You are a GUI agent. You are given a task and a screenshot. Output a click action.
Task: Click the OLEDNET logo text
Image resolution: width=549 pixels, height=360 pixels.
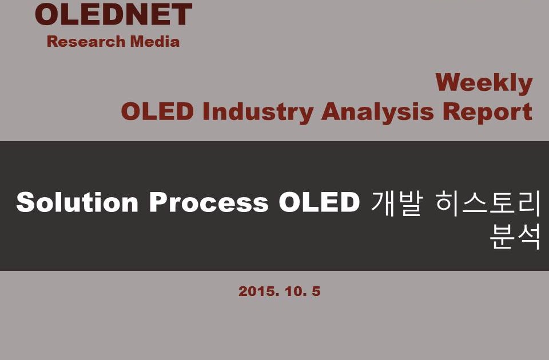tap(113, 14)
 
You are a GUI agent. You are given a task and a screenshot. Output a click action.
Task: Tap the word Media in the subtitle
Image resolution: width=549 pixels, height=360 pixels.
tap(155, 41)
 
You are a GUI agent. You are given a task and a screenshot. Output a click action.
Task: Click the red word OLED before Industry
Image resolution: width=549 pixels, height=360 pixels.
tap(158, 111)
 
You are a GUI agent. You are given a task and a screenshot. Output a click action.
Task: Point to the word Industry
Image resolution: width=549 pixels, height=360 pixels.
tap(258, 113)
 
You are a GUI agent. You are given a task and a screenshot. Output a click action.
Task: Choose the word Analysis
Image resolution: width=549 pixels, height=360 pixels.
tap(378, 113)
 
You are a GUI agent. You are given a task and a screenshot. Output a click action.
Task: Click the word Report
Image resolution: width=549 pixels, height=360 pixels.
tap(487, 113)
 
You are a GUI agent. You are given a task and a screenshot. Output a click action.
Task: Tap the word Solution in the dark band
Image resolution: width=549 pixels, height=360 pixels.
tap(77, 202)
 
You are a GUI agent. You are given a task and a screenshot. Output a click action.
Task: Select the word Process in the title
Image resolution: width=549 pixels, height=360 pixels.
tap(209, 202)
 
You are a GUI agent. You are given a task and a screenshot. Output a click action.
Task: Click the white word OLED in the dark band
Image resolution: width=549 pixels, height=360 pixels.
tap(319, 202)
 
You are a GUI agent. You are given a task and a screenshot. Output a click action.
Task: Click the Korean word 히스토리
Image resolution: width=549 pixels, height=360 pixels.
tap(488, 203)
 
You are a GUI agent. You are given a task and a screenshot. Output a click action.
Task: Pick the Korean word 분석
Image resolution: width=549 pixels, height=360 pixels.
tap(515, 237)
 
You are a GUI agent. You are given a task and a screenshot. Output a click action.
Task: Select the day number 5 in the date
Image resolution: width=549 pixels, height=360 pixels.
tap(316, 291)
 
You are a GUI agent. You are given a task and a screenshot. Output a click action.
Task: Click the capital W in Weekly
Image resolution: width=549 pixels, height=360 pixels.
tap(448, 82)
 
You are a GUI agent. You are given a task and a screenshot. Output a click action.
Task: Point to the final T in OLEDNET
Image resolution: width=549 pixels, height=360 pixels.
tap(181, 14)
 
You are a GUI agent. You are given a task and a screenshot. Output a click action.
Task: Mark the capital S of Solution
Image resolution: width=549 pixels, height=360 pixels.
tap(25, 202)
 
